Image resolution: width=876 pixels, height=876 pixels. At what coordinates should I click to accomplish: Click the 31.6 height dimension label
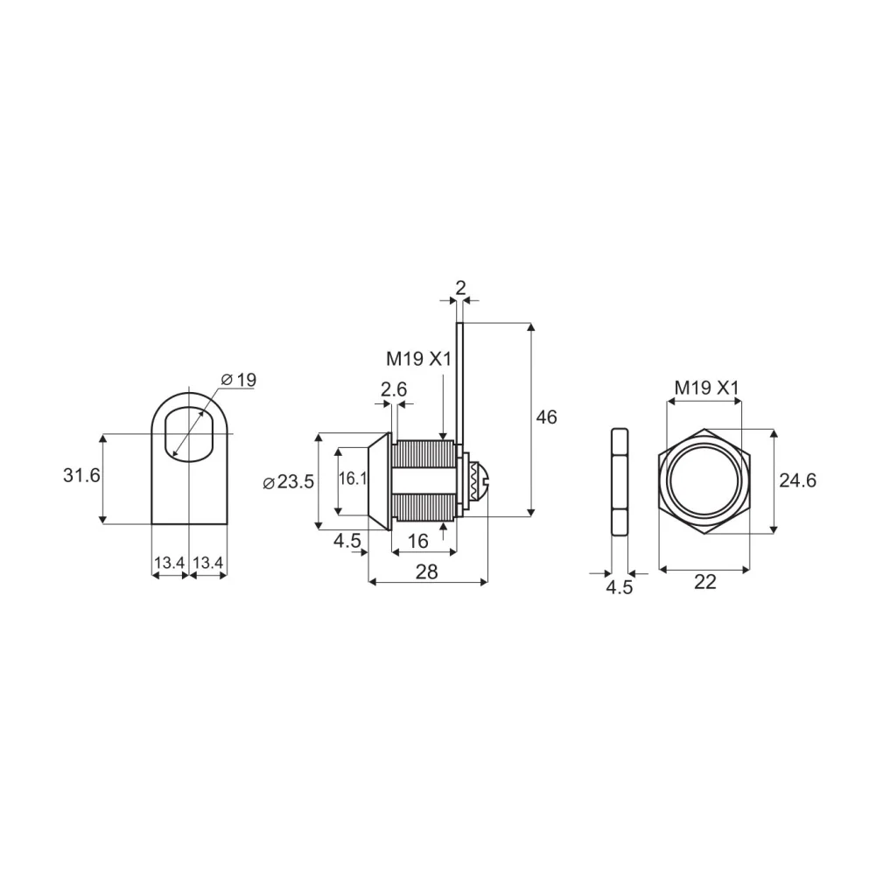click(81, 475)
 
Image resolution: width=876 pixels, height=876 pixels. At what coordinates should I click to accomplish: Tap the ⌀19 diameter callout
click(239, 380)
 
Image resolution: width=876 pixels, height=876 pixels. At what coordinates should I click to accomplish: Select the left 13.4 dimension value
click(169, 563)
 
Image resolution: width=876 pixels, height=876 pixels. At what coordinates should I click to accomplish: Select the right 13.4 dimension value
click(207, 563)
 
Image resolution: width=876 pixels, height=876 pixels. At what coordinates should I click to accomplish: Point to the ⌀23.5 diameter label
click(289, 481)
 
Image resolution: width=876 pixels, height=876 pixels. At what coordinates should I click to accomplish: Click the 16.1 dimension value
click(353, 478)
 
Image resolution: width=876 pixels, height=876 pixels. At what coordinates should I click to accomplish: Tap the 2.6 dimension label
click(394, 389)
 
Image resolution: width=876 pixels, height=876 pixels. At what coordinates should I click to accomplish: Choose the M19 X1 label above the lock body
click(418, 359)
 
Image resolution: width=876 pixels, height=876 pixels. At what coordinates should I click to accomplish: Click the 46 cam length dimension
click(546, 417)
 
